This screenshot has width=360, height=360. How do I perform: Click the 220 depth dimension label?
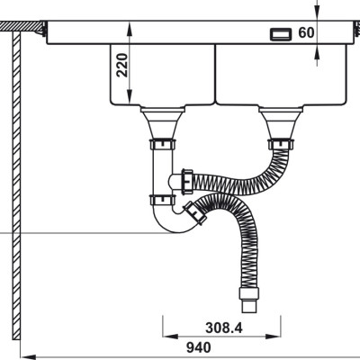(x=121, y=65)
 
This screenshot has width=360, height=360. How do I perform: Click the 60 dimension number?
(x=306, y=32)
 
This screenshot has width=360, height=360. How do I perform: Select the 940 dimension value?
(x=199, y=347)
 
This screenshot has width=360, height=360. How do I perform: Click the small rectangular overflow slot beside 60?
(x=281, y=34)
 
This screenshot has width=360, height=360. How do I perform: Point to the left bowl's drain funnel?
(x=162, y=123)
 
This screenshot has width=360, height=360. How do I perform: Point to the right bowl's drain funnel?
(x=281, y=123)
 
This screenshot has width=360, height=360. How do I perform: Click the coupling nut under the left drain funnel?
(x=162, y=145)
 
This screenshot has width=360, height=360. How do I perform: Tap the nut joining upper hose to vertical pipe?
(x=187, y=180)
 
